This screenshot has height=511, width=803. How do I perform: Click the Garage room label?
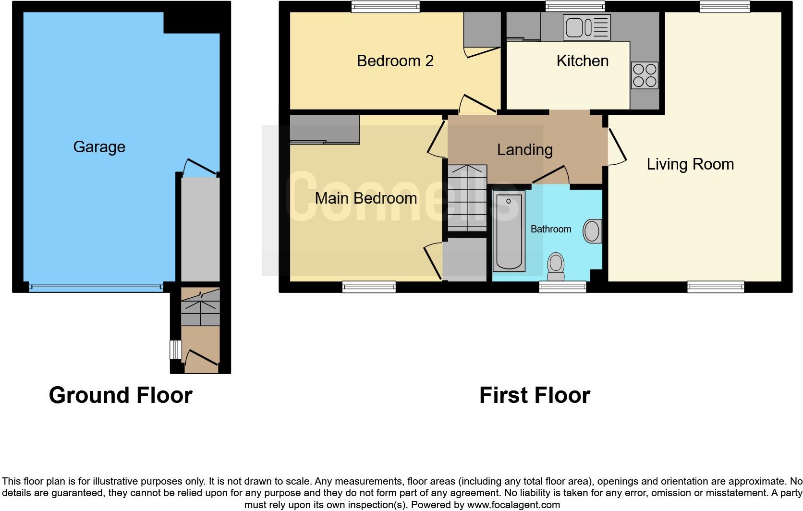click(x=99, y=147)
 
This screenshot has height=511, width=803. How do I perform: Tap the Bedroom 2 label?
click(x=395, y=61)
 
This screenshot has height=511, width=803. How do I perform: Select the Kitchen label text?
click(x=582, y=61)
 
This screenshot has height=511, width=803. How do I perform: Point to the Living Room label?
click(x=690, y=164)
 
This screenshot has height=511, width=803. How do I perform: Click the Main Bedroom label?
click(x=365, y=198)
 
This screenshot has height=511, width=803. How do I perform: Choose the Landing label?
click(x=524, y=150)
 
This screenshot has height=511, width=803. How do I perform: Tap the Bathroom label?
click(x=550, y=229)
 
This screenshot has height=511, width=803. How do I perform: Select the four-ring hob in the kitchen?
click(x=645, y=76)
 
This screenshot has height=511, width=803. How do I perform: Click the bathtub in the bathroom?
click(x=509, y=231)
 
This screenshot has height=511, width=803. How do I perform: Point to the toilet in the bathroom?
click(x=556, y=266)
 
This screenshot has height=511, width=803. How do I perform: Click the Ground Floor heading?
click(x=121, y=395)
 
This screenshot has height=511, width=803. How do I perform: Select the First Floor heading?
click(x=534, y=395)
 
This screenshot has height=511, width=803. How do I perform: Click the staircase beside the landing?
click(x=467, y=198)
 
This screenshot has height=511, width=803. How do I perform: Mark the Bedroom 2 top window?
click(x=385, y=6)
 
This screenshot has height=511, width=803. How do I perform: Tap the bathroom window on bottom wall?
click(x=562, y=287)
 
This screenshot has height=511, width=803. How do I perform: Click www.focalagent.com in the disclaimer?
click(x=513, y=505)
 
